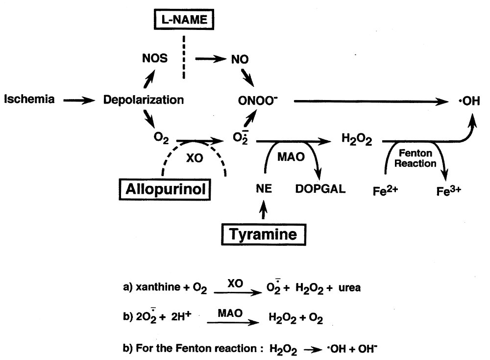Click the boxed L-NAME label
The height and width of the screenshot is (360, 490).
(184, 20)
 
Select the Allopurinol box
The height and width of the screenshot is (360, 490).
(165, 189)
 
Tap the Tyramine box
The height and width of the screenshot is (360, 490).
(264, 234)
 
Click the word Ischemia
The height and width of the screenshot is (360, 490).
(29, 99)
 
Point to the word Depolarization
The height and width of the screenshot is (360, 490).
(144, 100)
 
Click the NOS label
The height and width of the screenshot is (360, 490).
(155, 58)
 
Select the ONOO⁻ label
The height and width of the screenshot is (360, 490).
(258, 101)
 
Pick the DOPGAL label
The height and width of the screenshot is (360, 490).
(320, 189)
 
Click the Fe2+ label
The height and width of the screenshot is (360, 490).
(385, 190)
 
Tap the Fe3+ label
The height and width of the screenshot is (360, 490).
(449, 190)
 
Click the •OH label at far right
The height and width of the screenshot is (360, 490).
(469, 101)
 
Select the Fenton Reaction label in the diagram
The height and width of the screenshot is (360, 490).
(416, 158)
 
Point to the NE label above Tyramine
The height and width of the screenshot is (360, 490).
(264, 189)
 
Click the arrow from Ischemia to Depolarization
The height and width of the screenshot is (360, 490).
(79, 101)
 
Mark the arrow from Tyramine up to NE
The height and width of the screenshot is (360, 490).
(264, 210)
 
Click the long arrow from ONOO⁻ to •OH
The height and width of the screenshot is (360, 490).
(371, 102)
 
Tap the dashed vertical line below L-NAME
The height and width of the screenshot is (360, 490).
(184, 57)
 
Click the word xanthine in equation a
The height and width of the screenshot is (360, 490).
(158, 287)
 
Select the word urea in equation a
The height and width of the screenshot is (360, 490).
(349, 288)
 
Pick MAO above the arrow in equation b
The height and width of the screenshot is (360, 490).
(230, 313)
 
